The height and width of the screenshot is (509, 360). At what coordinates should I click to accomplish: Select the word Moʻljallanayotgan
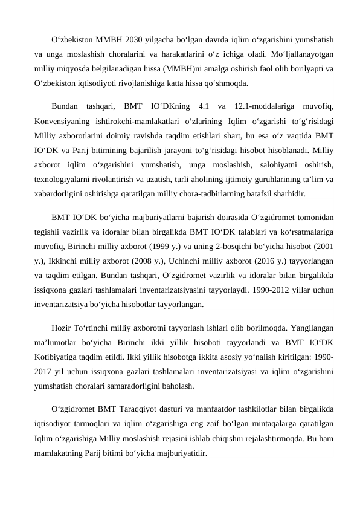[x=300, y=55]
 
